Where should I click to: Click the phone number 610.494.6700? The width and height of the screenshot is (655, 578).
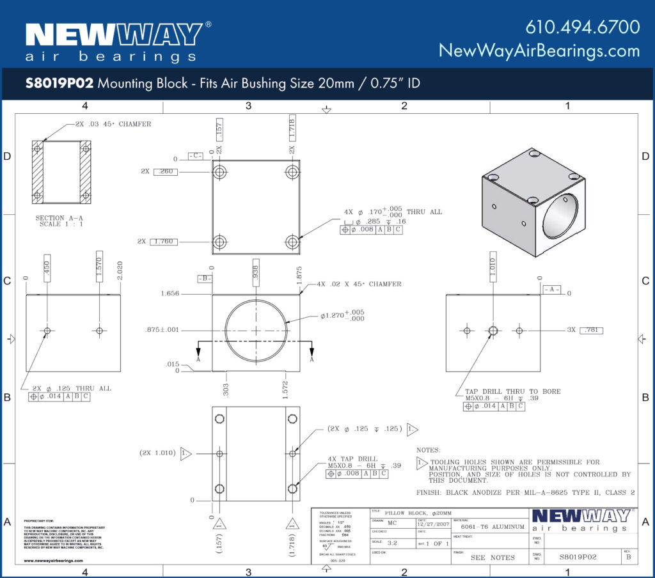coord(582,27)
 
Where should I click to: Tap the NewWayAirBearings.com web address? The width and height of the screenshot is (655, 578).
coord(539,51)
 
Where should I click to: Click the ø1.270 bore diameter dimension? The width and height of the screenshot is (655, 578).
coord(342,315)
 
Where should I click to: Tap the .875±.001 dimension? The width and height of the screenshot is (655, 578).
coord(162,330)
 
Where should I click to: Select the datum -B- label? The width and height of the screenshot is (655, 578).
coord(204,279)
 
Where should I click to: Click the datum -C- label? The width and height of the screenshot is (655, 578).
coord(196,156)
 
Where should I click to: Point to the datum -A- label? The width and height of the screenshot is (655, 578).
coord(551,289)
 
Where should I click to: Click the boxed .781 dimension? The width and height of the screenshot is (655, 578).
coord(591,330)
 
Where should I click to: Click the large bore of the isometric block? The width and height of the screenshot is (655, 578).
coord(560,216)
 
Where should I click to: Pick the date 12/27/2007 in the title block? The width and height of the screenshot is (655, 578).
coord(434,524)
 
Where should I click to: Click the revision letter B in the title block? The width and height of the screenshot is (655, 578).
coord(628,557)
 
